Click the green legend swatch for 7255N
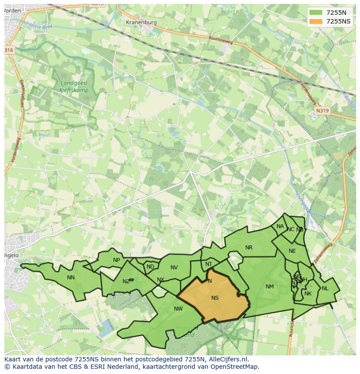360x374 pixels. click(316, 13)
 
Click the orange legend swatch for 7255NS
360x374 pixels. click(316, 21)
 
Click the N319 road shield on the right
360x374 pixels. click(322, 111)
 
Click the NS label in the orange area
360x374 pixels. click(215, 298)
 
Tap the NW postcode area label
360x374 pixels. click(178, 309)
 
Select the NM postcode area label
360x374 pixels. click(270, 287)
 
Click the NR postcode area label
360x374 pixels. click(249, 248)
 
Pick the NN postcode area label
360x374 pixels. click(71, 278)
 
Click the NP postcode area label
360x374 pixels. click(117, 261)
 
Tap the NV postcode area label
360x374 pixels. click(174, 268)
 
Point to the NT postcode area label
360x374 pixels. click(209, 264)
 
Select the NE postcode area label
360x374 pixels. click(292, 251)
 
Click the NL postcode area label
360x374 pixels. click(325, 288)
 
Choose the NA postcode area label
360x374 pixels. click(280, 226)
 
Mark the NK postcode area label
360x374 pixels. click(308, 294)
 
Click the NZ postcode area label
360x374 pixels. click(126, 281)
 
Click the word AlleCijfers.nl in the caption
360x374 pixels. click(227, 359)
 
